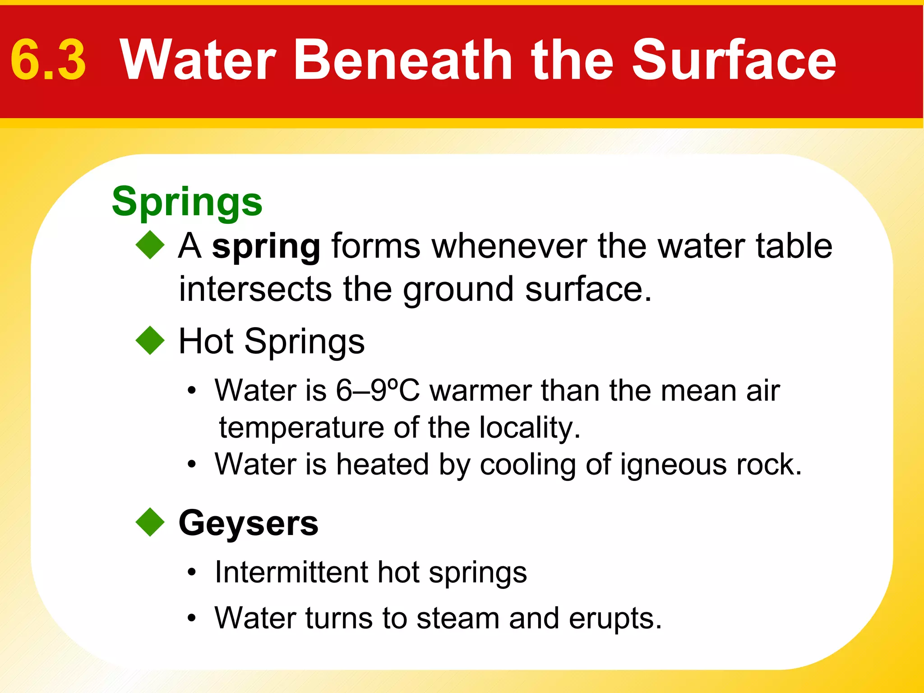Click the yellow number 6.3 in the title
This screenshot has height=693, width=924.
48,60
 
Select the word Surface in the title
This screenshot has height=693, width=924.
734,60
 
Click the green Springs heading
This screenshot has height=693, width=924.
187,202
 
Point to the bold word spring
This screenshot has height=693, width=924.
266,247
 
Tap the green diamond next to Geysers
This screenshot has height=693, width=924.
150,522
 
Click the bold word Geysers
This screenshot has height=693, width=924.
249,524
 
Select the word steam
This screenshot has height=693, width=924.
457,618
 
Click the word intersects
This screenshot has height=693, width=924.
255,289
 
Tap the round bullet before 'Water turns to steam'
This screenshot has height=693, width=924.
192,619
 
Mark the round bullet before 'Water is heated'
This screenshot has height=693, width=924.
192,465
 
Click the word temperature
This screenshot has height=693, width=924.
301,428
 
